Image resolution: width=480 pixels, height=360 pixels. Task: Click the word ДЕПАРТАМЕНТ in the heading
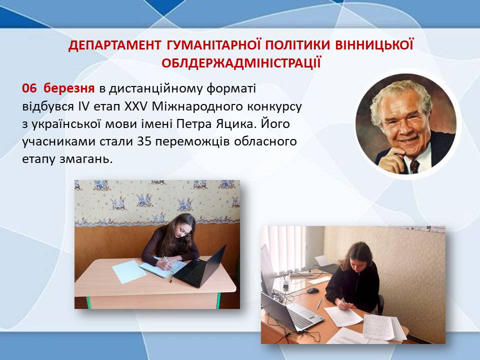pyautogui.click(x=114, y=45)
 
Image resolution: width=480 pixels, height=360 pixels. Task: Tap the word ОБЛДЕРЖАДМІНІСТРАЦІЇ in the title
pyautogui.click(x=241, y=63)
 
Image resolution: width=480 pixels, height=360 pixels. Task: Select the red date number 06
pyautogui.click(x=29, y=88)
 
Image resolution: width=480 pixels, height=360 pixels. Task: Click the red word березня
pyautogui.click(x=69, y=88)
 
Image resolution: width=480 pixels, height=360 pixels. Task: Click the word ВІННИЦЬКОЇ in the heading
pyautogui.click(x=374, y=45)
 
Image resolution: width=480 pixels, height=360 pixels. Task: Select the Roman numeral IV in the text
pyautogui.click(x=82, y=106)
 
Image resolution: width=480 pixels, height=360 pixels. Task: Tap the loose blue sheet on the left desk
pyautogui.click(x=129, y=271)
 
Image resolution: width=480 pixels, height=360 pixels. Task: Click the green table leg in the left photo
pyautogui.click(x=218, y=300)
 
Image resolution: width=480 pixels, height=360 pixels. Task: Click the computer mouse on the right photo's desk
pyautogui.click(x=312, y=290)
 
